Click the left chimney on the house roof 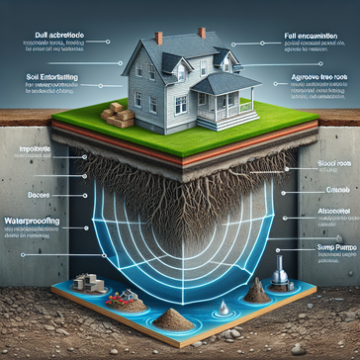tap(159, 39)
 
